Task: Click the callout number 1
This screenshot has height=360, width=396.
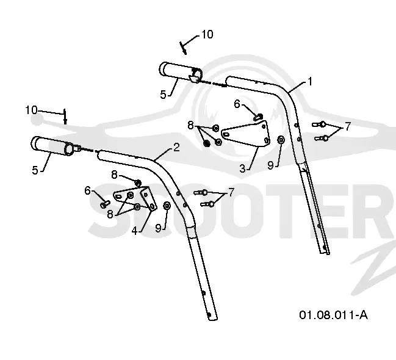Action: click(309, 81)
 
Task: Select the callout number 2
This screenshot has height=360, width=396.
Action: click(176, 147)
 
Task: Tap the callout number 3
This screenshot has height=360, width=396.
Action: click(242, 168)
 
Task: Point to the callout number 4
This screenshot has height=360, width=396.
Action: click(135, 231)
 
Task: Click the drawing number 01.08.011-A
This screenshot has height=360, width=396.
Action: click(333, 315)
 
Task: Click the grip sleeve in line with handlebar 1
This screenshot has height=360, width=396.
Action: click(180, 72)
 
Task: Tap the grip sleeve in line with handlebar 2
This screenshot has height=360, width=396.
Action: click(53, 146)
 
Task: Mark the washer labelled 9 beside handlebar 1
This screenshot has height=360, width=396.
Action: click(281, 140)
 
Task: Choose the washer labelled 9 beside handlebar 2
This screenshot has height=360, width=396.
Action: click(167, 206)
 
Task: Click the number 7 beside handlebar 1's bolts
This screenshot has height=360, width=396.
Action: click(348, 126)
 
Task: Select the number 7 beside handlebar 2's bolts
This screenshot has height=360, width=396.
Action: click(231, 192)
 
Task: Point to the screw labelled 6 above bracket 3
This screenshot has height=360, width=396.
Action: click(258, 117)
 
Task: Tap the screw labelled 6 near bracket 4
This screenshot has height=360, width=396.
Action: click(105, 204)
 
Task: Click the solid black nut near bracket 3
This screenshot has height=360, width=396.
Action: click(207, 143)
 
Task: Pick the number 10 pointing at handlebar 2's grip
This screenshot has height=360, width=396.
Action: click(31, 110)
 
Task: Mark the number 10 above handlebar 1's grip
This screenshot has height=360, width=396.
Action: click(207, 34)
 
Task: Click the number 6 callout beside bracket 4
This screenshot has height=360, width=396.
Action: click(87, 190)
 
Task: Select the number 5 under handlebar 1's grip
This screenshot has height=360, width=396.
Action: click(163, 95)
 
